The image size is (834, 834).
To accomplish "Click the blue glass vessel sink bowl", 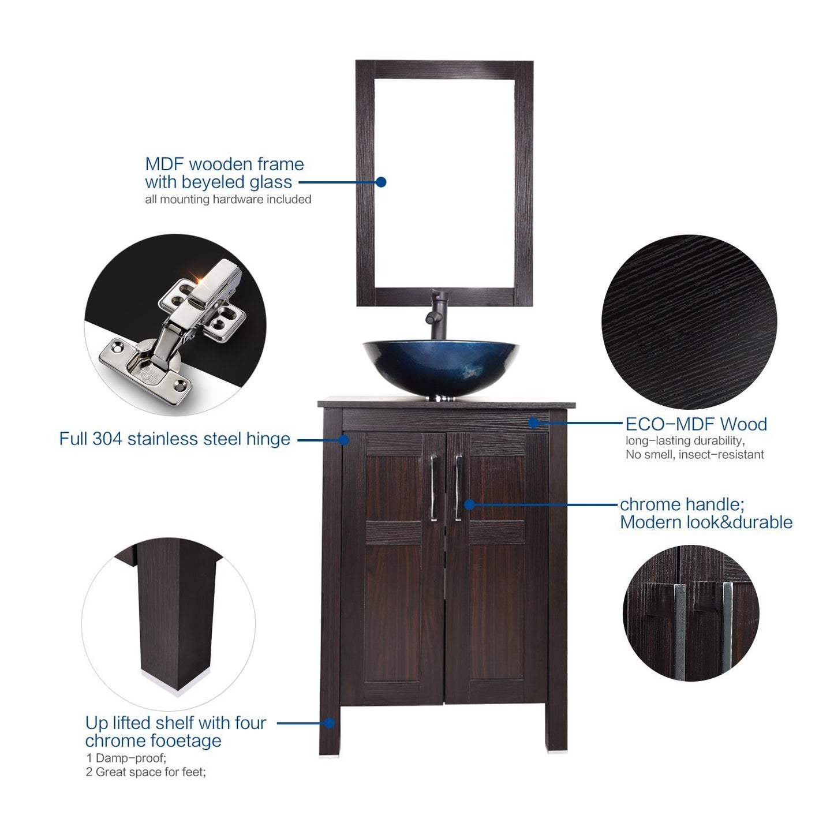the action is coord(440,368).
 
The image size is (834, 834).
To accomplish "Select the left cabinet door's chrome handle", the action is coord(433,488).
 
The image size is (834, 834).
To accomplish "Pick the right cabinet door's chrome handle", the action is coord(458,488).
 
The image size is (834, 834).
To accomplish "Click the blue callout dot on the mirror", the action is coord(380,182).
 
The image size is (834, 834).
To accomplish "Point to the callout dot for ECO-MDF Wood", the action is coord(534,423).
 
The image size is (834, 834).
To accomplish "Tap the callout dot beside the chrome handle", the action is coord(469,504).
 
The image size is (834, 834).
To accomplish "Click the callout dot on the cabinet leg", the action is coord(330,723).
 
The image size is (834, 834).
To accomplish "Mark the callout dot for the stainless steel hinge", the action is coord(343,440).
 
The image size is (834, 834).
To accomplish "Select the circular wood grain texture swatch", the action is coord(689,321).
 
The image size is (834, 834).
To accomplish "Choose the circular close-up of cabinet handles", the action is coord(691,613).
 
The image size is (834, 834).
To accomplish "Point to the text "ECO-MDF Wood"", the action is coord(697,424).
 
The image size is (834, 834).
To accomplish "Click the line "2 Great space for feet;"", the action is coord(145,772).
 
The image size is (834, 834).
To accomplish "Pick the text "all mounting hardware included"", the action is coord(228,199).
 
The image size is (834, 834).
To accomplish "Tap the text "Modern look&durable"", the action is coord(706,522).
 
